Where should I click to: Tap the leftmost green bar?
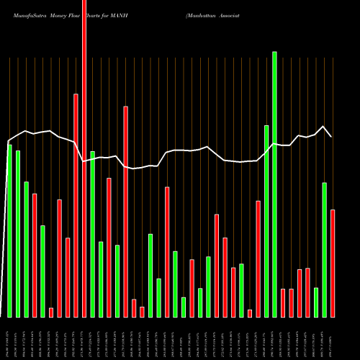click(x=9, y=230)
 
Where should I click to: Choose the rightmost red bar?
click(x=333, y=263)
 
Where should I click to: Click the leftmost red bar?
click(x=35, y=255)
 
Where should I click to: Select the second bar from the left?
click(x=18, y=233)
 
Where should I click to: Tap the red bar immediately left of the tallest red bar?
click(x=76, y=205)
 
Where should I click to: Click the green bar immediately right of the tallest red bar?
click(x=92, y=234)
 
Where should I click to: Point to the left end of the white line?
click(x=8, y=141)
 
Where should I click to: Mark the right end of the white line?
click(x=332, y=136)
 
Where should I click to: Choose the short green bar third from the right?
click(x=316, y=302)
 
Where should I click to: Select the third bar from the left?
click(x=26, y=249)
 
